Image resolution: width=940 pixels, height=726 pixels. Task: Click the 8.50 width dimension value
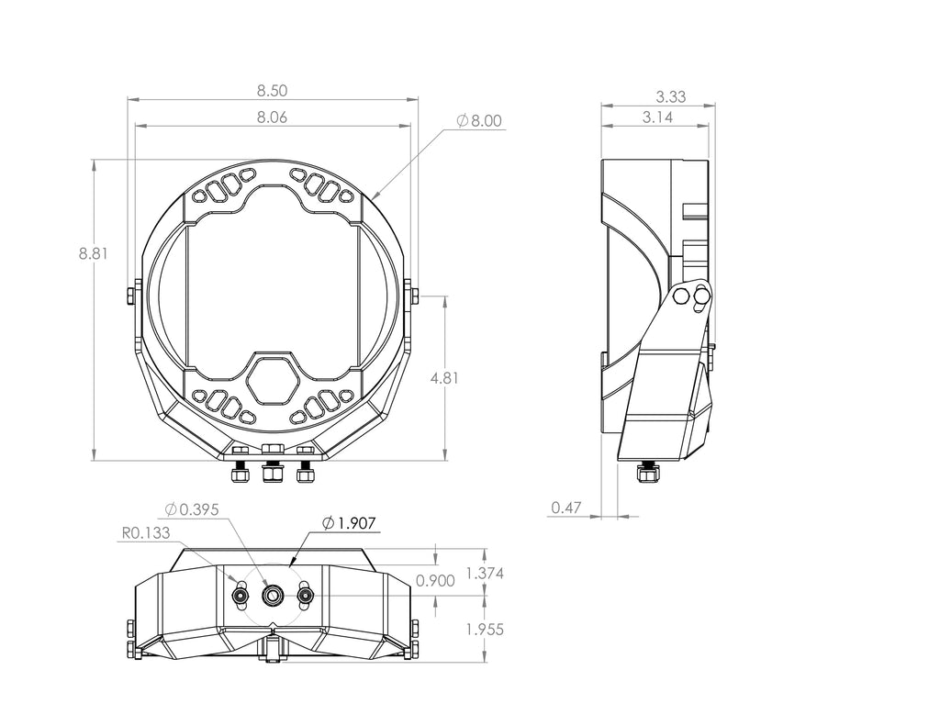[x=273, y=90]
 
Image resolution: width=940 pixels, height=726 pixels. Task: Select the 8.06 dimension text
[x=273, y=117]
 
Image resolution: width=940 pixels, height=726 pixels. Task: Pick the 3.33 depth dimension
[x=671, y=96]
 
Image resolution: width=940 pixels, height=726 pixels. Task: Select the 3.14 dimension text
[x=657, y=117]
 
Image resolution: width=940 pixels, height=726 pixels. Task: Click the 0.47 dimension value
[x=566, y=508]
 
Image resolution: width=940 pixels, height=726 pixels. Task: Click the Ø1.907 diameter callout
[x=348, y=523]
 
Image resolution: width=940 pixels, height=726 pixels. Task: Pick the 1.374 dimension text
[x=485, y=573]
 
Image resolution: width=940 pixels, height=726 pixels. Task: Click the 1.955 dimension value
[x=485, y=630]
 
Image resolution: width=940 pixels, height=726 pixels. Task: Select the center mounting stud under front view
[x=272, y=472]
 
